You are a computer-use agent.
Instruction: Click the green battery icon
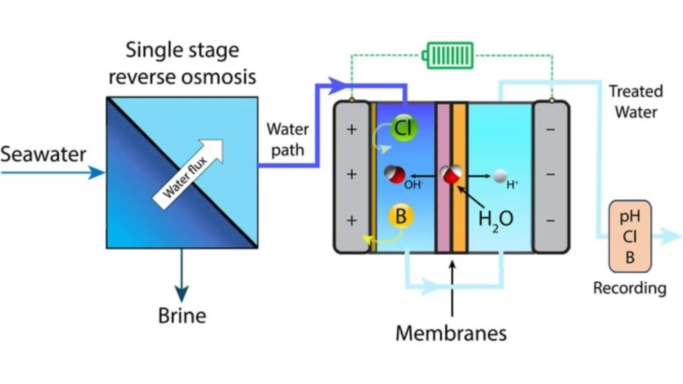[x=450, y=55]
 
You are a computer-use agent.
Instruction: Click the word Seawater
[x=43, y=155]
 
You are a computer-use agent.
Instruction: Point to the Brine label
[x=181, y=314]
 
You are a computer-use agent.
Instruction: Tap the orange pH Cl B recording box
[x=630, y=237]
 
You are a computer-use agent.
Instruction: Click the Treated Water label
[x=636, y=101]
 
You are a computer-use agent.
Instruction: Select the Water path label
[x=287, y=139]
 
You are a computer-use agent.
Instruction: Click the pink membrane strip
[x=443, y=177]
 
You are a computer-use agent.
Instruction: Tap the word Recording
[x=629, y=288]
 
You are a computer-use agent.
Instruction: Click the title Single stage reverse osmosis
[x=182, y=63]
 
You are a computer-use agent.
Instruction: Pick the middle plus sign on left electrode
[x=352, y=175]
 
